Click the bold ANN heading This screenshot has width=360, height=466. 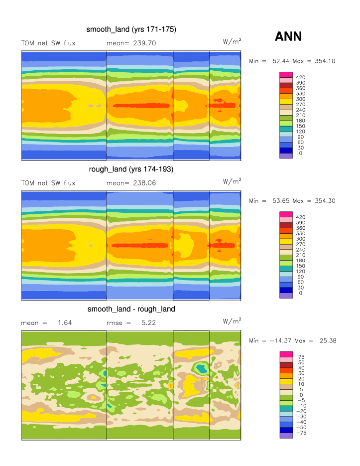(x=288, y=36)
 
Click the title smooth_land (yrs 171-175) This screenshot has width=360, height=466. (x=131, y=29)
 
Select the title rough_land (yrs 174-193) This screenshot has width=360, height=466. (x=131, y=169)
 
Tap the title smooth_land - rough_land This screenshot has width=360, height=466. (x=131, y=309)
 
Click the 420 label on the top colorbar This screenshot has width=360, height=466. (x=300, y=77)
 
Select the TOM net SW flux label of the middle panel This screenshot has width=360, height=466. (x=48, y=183)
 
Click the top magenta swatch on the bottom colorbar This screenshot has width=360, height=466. (x=286, y=354)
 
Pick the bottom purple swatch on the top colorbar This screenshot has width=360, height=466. (x=286, y=156)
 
